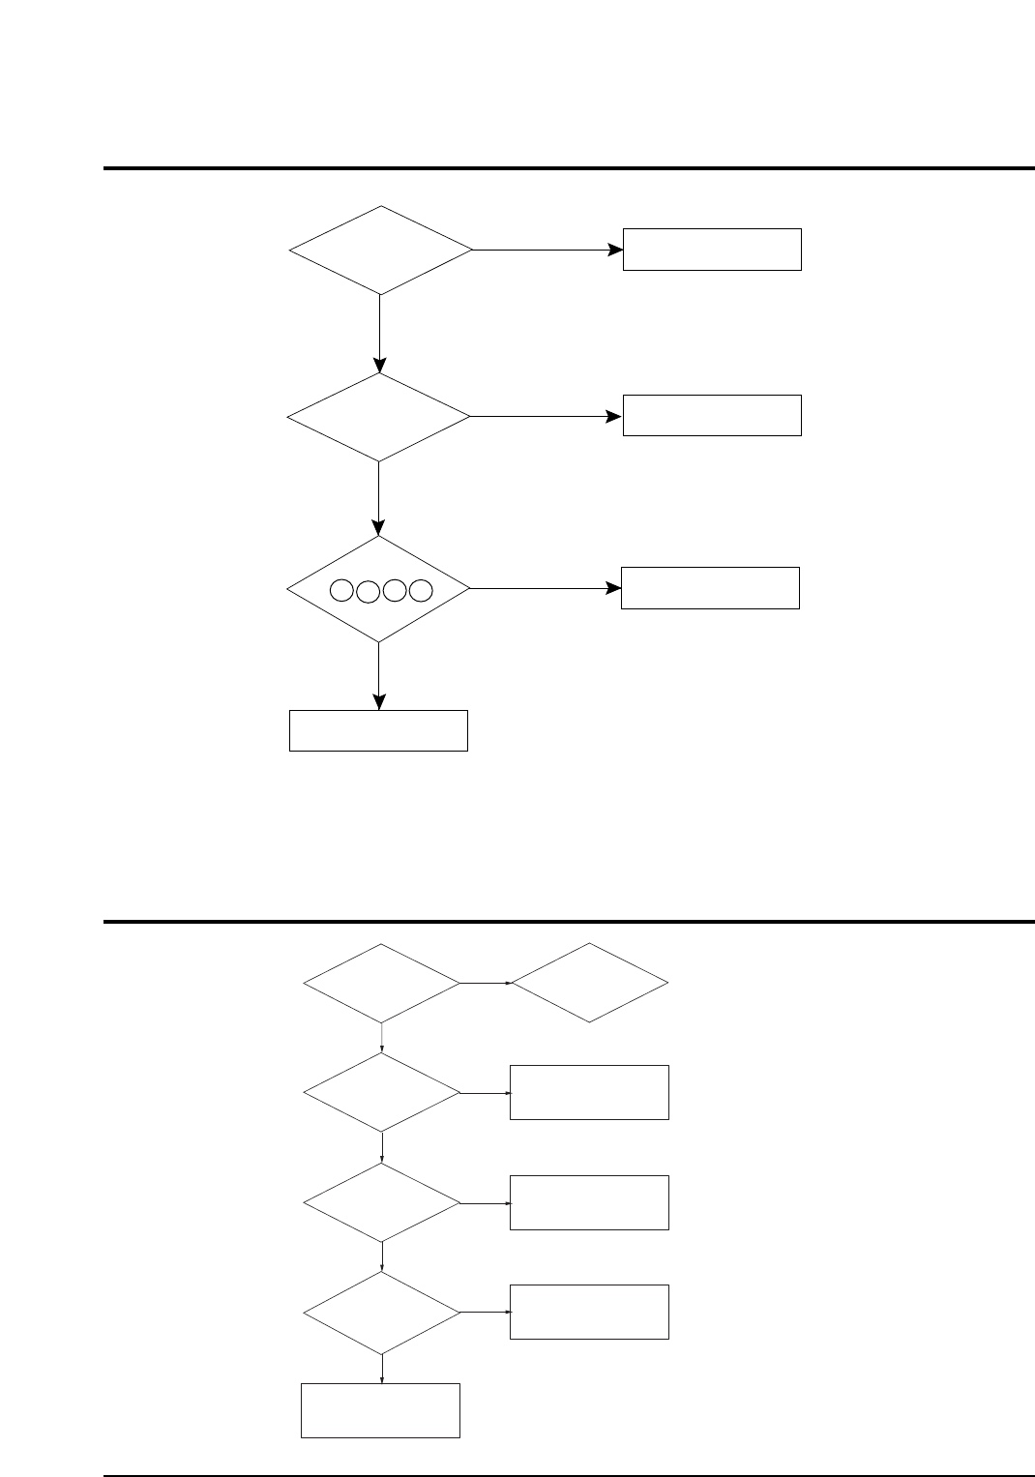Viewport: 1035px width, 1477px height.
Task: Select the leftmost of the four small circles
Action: click(x=342, y=590)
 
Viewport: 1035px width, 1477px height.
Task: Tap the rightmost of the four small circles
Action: click(x=420, y=590)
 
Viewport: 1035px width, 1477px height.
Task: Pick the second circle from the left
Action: click(x=368, y=591)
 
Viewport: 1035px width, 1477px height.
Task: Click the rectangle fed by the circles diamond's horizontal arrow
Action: click(x=710, y=588)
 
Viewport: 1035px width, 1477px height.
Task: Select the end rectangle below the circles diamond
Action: click(x=378, y=730)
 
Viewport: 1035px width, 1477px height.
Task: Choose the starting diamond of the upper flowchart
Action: click(x=380, y=250)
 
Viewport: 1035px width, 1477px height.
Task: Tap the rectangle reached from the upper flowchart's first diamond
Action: click(x=712, y=250)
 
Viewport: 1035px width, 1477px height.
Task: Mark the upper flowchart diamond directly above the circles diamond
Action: click(x=378, y=417)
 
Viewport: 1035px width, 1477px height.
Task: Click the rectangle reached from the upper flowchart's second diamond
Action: click(x=712, y=415)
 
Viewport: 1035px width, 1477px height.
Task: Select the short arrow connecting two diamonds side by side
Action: click(x=486, y=984)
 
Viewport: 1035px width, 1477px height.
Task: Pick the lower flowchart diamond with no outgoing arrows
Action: click(x=589, y=983)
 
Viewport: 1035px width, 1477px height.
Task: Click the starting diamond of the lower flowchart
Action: click(x=382, y=984)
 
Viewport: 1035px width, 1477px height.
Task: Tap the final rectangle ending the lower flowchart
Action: click(x=380, y=1410)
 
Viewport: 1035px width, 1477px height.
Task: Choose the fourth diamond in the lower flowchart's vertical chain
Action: click(x=382, y=1313)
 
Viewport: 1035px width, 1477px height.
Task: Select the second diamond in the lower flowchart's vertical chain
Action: click(x=382, y=1092)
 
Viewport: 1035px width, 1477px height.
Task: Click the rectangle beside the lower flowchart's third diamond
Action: click(x=589, y=1202)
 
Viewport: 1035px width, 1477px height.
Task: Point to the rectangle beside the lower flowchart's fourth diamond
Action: click(x=589, y=1312)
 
